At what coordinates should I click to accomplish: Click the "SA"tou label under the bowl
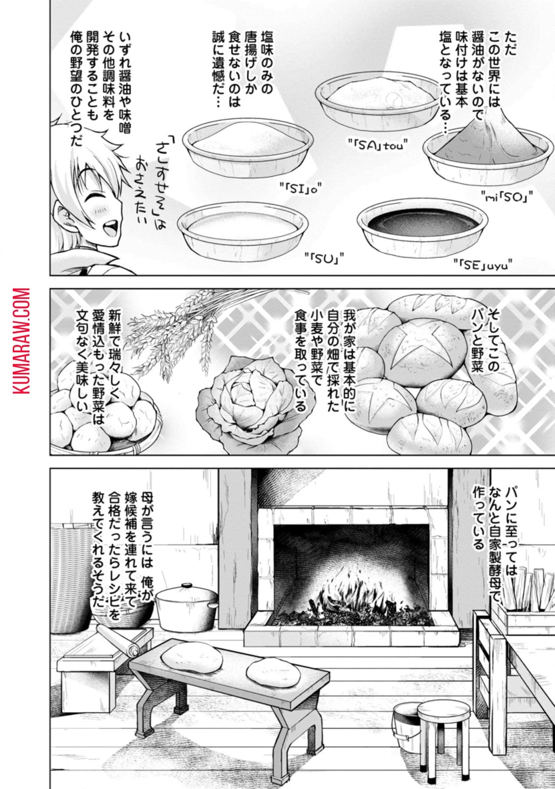377,144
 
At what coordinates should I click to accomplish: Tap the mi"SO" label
507,196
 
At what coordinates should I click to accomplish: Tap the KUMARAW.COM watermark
22,342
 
